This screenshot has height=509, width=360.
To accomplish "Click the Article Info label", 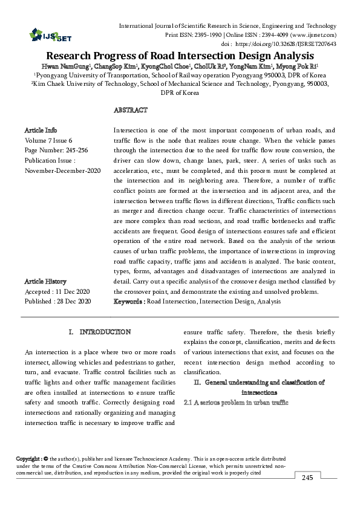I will pos(41,130).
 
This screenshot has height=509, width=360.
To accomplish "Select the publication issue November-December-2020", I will pos(62,171).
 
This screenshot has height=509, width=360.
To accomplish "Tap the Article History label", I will pos(45,281).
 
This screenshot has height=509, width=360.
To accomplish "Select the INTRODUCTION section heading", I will pos(105,332).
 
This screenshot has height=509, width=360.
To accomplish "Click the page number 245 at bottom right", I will pos(307,478).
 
